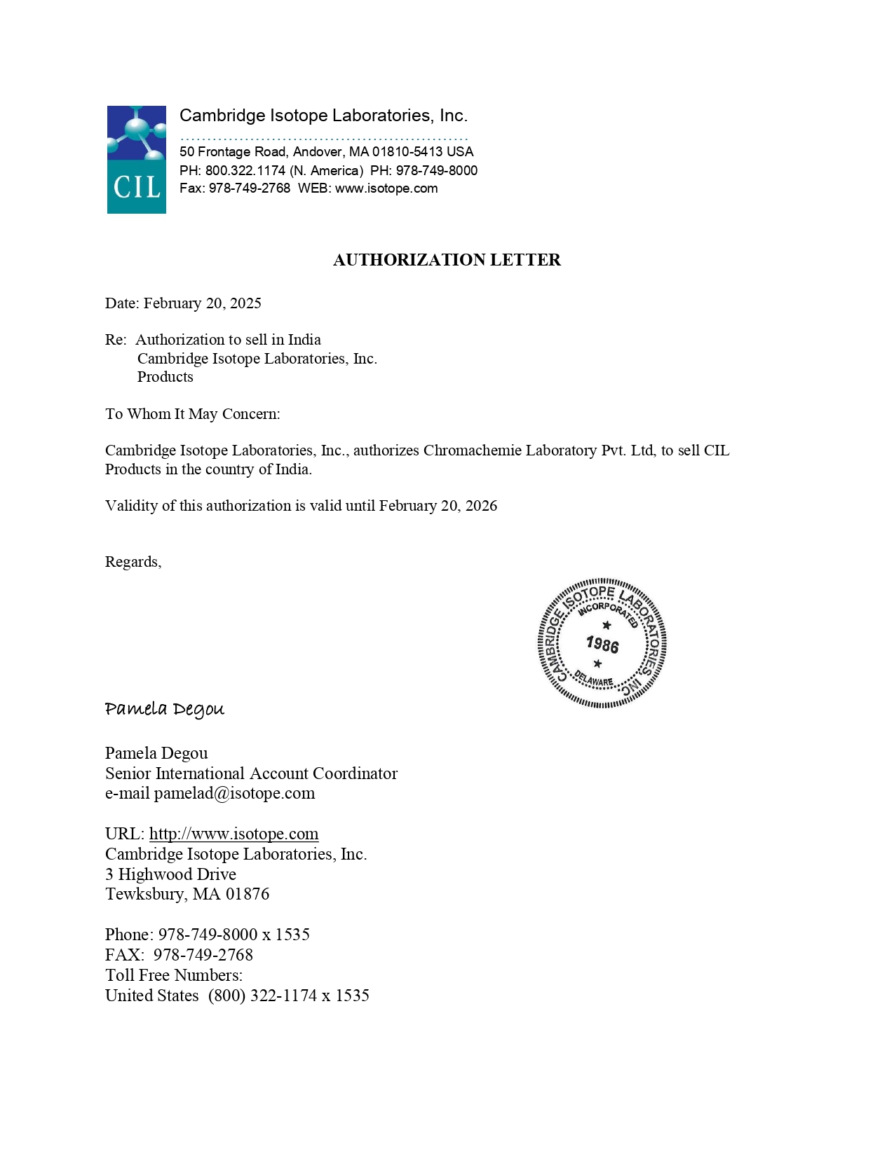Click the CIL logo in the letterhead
137,160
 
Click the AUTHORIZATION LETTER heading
447,260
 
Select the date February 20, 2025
203,303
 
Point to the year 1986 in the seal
602,644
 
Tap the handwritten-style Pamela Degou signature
165,709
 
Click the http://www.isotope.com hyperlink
233,834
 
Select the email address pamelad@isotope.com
234,793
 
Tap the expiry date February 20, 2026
438,506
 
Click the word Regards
132,562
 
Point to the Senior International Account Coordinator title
251,773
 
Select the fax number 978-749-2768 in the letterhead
250,188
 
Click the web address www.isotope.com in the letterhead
386,188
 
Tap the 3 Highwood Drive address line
170,874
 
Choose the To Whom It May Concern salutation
192,414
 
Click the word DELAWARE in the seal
594,679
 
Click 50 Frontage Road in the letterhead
232,152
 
